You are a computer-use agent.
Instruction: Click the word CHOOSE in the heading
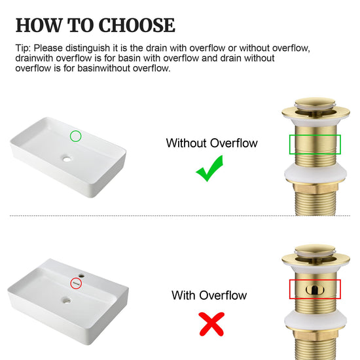(x=137, y=25)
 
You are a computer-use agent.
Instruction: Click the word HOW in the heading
(x=39, y=25)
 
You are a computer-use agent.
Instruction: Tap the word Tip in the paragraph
(x=23, y=48)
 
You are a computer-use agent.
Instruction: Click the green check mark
(x=209, y=168)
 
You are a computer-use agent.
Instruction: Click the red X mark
(x=211, y=324)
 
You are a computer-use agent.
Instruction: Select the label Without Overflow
(x=211, y=143)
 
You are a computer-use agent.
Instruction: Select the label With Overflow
(x=209, y=295)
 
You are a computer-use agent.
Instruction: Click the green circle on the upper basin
(x=75, y=131)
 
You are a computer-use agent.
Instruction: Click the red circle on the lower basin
(x=76, y=278)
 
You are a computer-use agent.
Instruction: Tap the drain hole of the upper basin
(x=67, y=158)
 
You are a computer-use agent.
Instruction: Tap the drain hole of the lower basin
(x=67, y=300)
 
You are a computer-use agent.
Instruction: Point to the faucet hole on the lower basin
(x=81, y=276)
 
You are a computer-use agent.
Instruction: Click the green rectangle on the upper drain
(x=315, y=135)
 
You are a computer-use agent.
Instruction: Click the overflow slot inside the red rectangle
(x=315, y=290)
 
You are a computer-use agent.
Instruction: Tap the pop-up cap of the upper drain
(x=315, y=103)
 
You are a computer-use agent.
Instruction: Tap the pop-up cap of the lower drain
(x=315, y=249)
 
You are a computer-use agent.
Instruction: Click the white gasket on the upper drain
(x=315, y=173)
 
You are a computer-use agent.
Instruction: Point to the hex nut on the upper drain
(x=315, y=187)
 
